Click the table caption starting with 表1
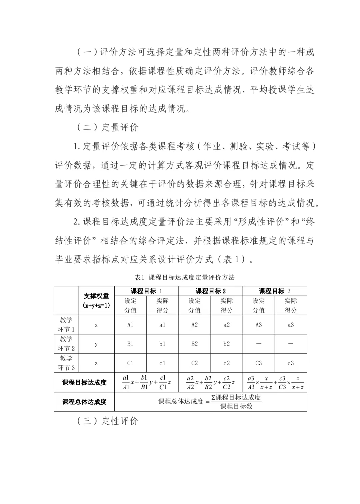[184, 277]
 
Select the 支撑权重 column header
[96, 300]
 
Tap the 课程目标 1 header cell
[146, 291]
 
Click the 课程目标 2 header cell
[210, 291]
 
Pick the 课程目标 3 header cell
[274, 291]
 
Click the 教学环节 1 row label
[66, 325]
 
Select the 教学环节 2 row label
[66, 344]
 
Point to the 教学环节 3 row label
[66, 363]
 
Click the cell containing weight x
[96, 325]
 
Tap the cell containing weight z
[96, 363]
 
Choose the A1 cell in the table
[130, 325]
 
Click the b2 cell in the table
[226, 344]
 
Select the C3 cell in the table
[258, 363]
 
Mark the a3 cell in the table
[290, 325]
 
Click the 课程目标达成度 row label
[84, 383]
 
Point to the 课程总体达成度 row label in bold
[84, 402]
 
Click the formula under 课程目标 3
[275, 383]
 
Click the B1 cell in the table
[130, 344]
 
